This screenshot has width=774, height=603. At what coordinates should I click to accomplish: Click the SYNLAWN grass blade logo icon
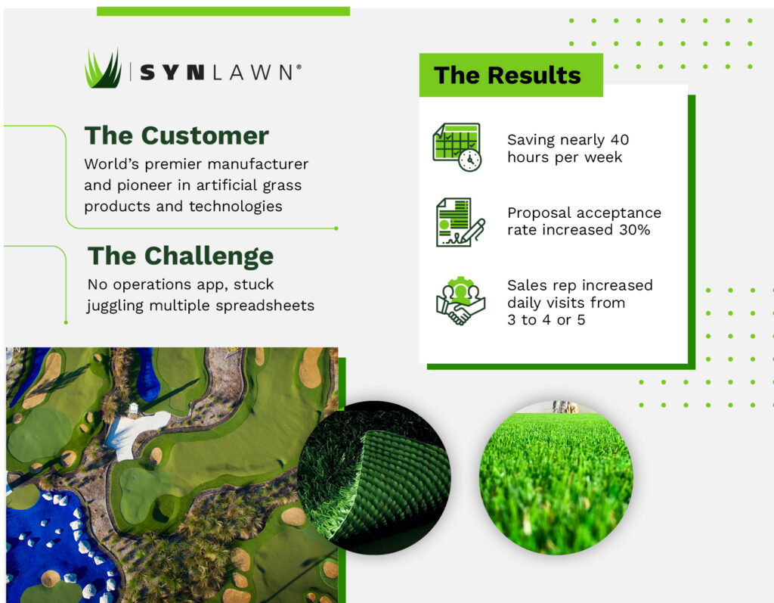click(x=103, y=68)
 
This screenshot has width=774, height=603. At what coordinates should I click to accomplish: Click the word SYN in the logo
click(x=172, y=73)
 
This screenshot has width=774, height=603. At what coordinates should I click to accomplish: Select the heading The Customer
click(x=176, y=135)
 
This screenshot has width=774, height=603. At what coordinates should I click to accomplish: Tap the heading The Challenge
click(x=180, y=256)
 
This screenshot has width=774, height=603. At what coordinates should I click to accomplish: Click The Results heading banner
click(x=511, y=75)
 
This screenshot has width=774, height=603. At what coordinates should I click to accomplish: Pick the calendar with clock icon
click(x=457, y=148)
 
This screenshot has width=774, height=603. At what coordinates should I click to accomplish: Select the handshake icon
click(x=460, y=300)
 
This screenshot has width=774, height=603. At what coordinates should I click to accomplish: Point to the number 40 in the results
click(x=620, y=140)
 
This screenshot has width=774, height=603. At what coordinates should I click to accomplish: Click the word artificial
click(x=227, y=185)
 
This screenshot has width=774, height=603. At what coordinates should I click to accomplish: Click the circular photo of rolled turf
click(x=373, y=477)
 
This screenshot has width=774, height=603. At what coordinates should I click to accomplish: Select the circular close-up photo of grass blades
click(x=556, y=477)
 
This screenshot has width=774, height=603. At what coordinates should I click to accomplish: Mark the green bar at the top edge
click(x=223, y=11)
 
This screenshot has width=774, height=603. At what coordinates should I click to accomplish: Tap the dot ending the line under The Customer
click(x=336, y=228)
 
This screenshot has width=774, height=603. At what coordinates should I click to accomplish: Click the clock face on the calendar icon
click(x=470, y=160)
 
